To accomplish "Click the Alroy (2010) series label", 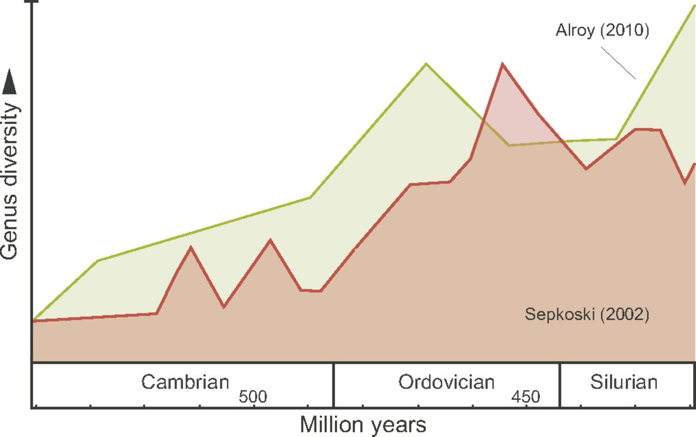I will tap(602, 30).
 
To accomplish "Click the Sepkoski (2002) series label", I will tap(587, 315).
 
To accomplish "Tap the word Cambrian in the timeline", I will tap(185, 381).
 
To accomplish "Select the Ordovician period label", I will tap(446, 381).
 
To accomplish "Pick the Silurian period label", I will tap(624, 381).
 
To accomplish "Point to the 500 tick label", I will tap(253, 397).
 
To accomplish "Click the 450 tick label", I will tap(526, 397).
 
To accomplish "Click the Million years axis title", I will tap(363, 424).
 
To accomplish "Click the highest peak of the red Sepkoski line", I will tap(502, 64).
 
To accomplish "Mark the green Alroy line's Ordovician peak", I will tap(426, 64).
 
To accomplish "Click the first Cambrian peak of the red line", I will tap(190, 247).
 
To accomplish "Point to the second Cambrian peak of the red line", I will tap(270, 240).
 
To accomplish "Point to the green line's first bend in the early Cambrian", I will tap(98, 261).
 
